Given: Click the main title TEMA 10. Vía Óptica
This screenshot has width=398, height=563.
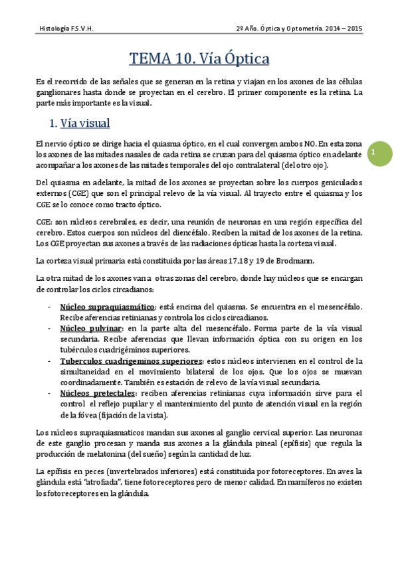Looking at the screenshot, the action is point(199,59).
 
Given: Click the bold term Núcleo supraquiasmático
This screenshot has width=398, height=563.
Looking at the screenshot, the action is point(107,307).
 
